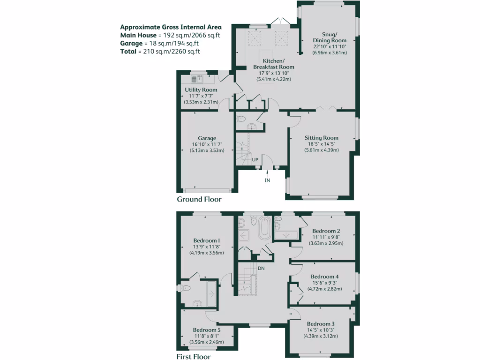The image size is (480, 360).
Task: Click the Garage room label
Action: click(207, 138)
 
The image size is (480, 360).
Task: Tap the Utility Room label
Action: click(201, 90)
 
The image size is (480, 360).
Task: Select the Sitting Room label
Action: click(321, 138)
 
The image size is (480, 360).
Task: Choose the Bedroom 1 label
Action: click(206, 240)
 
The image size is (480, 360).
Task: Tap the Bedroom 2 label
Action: click(326, 231)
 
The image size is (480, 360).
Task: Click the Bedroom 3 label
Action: click(321, 324)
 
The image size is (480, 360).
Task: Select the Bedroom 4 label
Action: click(324, 277)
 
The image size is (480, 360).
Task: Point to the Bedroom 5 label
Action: click(206, 330)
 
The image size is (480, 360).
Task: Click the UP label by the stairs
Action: click(255, 160)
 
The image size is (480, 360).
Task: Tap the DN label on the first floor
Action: click(261, 268)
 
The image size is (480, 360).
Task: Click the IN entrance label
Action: click(268, 180)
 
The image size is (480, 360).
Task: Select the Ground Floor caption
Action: click(199, 199)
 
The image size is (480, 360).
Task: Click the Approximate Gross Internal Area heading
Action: click(171, 27)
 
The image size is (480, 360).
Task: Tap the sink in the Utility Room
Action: click(194, 79)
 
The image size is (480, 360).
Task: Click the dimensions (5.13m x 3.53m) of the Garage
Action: click(207, 150)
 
